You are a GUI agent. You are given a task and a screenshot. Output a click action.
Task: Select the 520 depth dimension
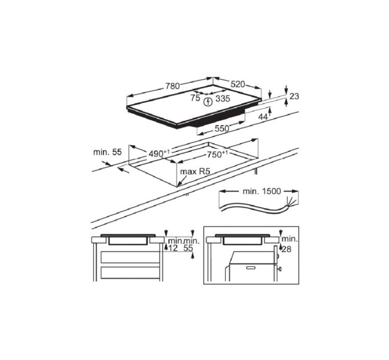coord(239,85)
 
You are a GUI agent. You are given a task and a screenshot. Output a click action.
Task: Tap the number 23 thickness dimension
coord(294,97)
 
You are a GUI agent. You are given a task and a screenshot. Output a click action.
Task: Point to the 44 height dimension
coord(263,117)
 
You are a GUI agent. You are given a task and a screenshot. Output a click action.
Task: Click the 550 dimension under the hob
coord(221,129)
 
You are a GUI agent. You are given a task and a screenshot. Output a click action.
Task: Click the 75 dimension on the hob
coord(195,98)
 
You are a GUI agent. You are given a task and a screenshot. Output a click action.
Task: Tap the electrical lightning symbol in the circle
coord(208,101)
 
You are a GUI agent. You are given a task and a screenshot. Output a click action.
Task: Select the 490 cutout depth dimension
coord(158,153)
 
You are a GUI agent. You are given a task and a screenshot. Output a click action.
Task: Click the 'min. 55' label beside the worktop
coord(108,152)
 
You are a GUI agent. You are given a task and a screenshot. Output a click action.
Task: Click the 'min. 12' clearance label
coord(173,245)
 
